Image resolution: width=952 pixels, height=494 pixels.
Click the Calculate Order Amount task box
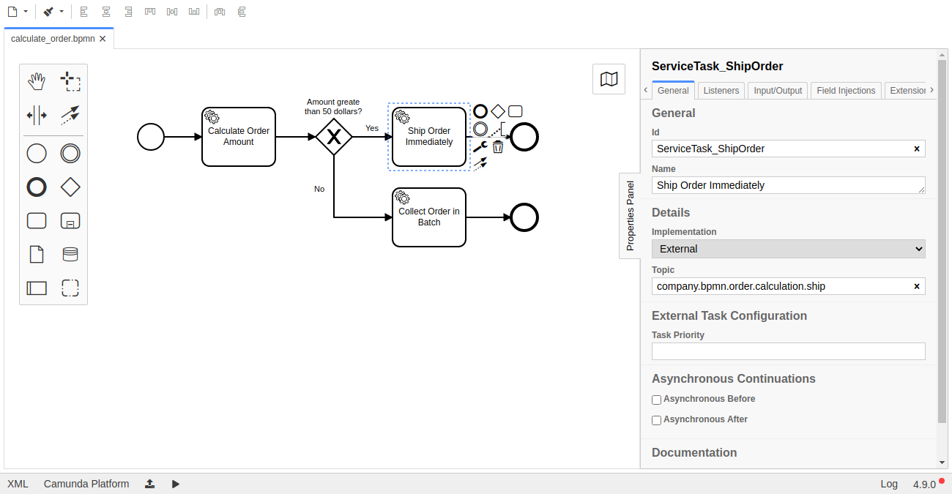click(x=239, y=137)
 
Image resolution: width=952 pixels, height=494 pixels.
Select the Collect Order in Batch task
click(x=429, y=217)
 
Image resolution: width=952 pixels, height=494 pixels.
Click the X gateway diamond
click(x=334, y=137)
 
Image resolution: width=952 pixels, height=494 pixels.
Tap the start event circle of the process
click(x=151, y=137)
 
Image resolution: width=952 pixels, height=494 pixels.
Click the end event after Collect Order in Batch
click(x=524, y=217)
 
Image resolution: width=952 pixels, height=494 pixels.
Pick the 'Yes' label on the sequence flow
click(x=372, y=129)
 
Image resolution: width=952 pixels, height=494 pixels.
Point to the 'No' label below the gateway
click(x=319, y=189)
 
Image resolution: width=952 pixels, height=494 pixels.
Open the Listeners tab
click(x=721, y=91)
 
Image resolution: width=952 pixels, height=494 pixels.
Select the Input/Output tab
click(x=778, y=91)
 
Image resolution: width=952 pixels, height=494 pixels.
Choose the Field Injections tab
click(x=846, y=91)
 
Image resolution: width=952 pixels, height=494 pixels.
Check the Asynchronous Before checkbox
click(x=657, y=400)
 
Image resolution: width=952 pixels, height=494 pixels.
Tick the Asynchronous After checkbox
click(x=657, y=420)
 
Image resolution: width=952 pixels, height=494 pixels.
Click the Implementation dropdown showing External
click(x=788, y=249)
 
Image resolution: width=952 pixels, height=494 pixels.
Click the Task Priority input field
click(x=788, y=351)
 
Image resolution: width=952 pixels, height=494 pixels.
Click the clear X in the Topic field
click(x=916, y=286)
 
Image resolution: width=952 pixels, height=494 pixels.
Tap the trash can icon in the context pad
click(x=498, y=147)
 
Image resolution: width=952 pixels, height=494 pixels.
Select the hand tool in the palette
click(x=37, y=81)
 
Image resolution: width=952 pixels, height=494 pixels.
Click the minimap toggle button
click(x=609, y=79)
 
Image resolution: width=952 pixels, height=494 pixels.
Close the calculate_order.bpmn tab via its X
click(x=103, y=39)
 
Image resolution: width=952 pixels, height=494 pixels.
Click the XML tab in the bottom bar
click(x=18, y=484)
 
